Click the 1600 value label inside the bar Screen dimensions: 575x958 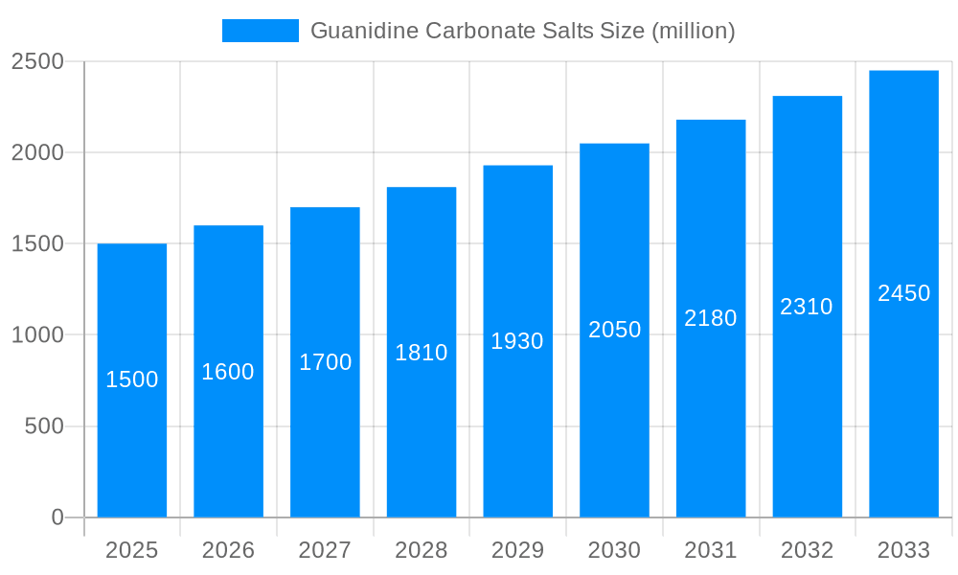click(228, 372)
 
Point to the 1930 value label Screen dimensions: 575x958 click(517, 341)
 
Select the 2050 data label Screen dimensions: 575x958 click(614, 330)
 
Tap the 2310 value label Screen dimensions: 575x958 click(807, 307)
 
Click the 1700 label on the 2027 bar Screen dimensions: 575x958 click(325, 362)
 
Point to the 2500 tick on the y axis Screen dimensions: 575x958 click(37, 61)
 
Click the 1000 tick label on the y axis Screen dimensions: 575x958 click(37, 335)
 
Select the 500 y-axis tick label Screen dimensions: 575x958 click(44, 426)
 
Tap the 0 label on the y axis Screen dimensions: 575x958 click(57, 517)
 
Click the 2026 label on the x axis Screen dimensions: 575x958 click(228, 551)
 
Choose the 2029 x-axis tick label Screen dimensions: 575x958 click(517, 551)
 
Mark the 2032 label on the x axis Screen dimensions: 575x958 click(807, 551)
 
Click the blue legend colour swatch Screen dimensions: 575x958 click(261, 31)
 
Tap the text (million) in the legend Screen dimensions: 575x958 click(694, 31)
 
